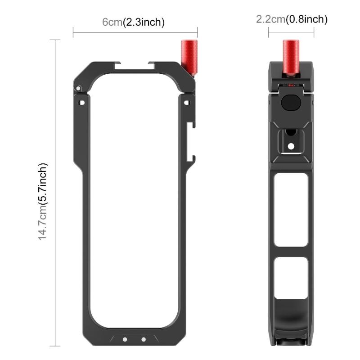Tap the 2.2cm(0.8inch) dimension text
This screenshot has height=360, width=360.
pyautogui.click(x=291, y=19)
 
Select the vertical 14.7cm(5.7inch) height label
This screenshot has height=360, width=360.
pyautogui.click(x=43, y=201)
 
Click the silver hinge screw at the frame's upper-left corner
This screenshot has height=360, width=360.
pyautogui.click(x=78, y=88)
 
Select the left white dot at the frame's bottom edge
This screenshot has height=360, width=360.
pyautogui.click(x=125, y=340)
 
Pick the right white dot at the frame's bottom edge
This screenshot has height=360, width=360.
pyautogui.click(x=143, y=340)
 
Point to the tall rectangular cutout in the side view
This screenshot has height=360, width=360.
pyautogui.click(x=291, y=210)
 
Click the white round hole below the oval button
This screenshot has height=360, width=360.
pyautogui.click(x=291, y=146)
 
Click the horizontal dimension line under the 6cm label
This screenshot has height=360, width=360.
pyautogui.click(x=135, y=32)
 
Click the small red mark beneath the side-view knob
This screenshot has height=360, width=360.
pyautogui.click(x=291, y=85)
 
